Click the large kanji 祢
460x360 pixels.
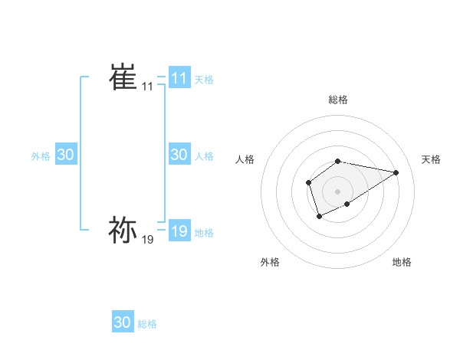pos(123,229)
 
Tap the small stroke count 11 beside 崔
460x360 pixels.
pos(148,87)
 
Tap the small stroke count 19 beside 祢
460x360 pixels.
pos(148,240)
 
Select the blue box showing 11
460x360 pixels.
pos(179,78)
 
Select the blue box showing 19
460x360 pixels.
pos(179,231)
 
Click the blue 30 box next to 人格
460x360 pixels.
pos(179,155)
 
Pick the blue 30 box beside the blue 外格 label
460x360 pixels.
pos(66,155)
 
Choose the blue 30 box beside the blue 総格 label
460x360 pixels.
pos(123,322)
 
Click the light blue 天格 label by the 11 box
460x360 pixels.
pos(204,79)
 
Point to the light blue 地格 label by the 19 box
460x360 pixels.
pos(204,232)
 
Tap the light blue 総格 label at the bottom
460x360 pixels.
pos(147,324)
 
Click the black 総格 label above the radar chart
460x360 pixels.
pos(338,100)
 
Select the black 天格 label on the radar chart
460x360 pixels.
pos(431,159)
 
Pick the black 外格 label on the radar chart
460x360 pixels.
pos(269,262)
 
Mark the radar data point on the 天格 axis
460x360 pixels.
pos(396,172)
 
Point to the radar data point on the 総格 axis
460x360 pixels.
pos(338,161)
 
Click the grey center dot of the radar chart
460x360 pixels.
pos(338,191)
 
